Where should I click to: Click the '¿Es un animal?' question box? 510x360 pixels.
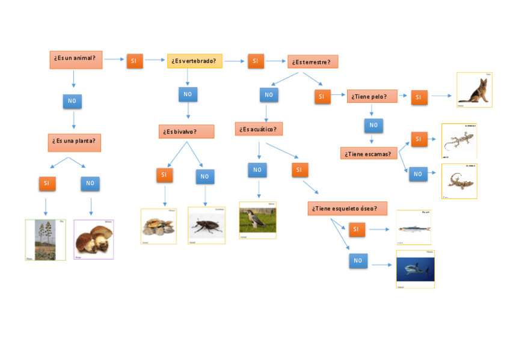click(76, 59)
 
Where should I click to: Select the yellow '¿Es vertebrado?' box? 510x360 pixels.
click(195, 61)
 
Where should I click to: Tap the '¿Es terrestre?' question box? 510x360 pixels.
click(313, 62)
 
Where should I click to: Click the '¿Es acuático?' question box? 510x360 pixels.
click(259, 129)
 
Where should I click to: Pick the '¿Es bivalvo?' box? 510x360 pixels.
click(186, 132)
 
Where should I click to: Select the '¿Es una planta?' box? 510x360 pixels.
click(75, 142)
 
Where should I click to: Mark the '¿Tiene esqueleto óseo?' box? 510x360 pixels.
click(348, 209)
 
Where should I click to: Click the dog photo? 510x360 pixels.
click(475, 90)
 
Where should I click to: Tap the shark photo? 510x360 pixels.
click(415, 269)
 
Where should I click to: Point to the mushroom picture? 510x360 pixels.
click(93, 239)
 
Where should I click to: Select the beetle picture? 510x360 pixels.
click(206, 225)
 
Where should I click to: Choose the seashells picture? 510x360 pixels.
click(159, 227)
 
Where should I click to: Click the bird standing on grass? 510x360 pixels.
click(257, 221)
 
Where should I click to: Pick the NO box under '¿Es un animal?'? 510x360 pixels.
click(72, 101)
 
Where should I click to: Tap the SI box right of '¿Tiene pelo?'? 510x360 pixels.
click(419, 97)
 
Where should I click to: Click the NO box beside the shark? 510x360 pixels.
click(358, 261)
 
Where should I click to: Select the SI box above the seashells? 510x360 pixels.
click(164, 175)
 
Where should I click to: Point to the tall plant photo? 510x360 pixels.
click(46, 240)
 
